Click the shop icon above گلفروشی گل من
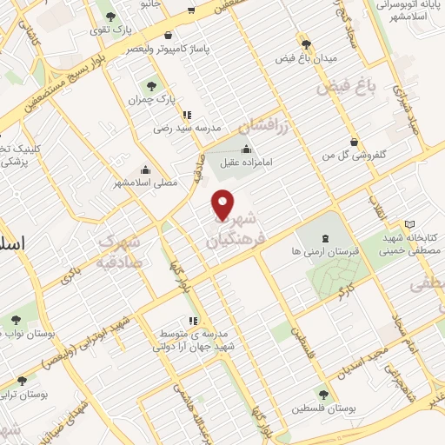point(354,142)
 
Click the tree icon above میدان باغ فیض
point(305,43)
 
